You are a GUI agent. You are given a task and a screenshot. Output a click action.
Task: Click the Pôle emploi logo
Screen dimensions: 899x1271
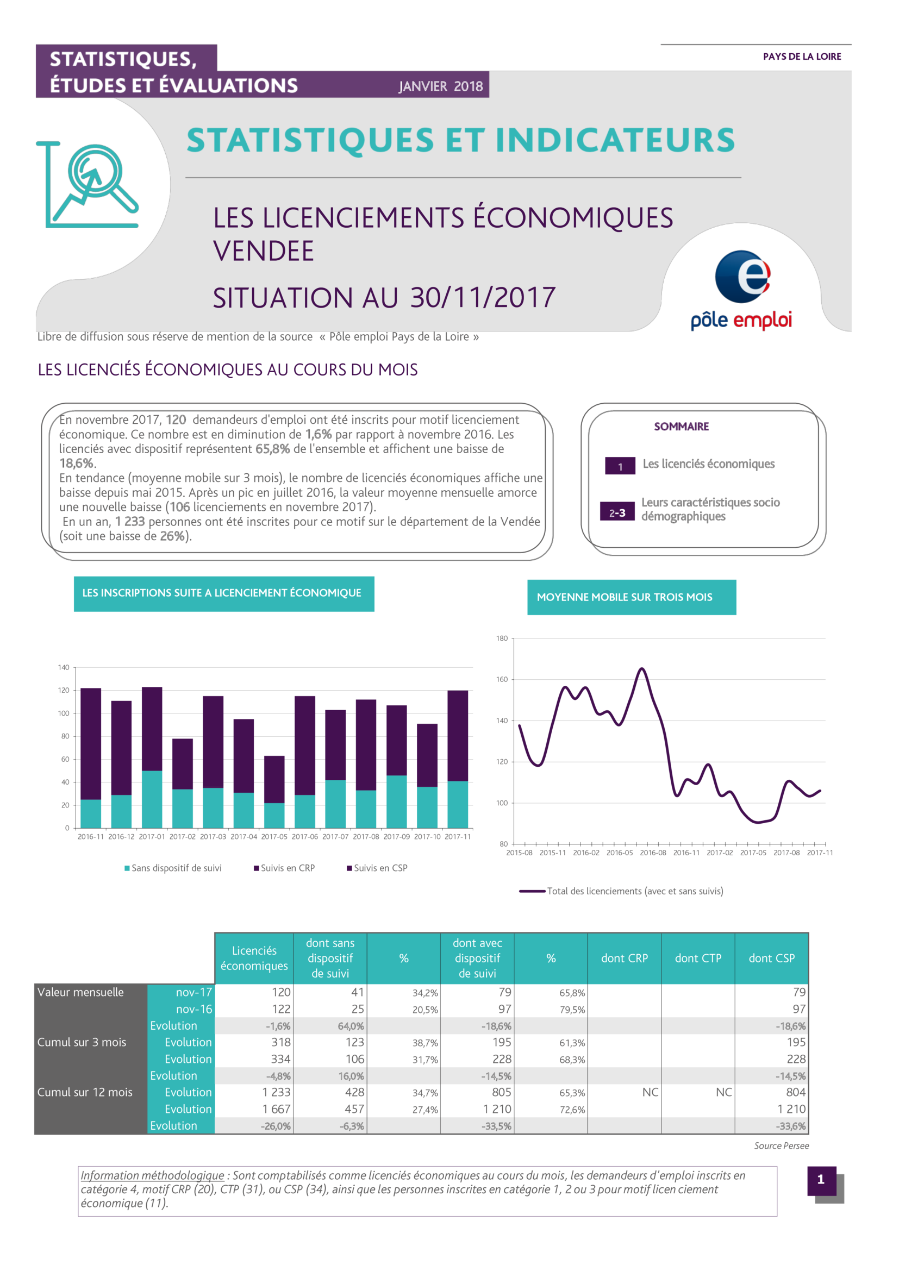click(741, 290)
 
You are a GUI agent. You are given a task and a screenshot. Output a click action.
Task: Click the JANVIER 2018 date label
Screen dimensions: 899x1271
click(440, 86)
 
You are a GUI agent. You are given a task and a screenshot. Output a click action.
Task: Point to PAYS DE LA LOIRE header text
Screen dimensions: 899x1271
click(802, 57)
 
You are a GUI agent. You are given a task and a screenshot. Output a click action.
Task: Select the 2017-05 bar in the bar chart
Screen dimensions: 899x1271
click(274, 792)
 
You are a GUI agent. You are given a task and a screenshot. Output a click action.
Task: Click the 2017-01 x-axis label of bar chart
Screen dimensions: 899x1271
click(152, 836)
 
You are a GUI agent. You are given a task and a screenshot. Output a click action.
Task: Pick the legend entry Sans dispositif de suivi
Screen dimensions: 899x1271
click(173, 868)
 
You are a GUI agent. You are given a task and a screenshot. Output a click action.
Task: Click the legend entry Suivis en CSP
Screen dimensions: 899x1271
click(377, 868)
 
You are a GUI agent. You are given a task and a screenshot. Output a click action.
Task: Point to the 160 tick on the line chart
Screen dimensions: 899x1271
click(502, 679)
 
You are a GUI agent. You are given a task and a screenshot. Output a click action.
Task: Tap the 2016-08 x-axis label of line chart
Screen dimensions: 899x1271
click(653, 853)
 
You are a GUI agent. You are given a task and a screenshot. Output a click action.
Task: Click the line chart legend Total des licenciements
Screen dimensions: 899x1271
click(621, 891)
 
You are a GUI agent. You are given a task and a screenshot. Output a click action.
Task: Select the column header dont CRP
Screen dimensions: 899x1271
click(625, 958)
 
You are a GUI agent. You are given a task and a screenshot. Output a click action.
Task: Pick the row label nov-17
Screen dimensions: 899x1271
click(193, 992)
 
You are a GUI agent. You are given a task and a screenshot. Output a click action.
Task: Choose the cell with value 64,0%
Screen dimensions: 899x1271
click(351, 1026)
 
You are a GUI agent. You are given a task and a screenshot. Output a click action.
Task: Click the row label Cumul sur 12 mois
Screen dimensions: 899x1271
click(85, 1092)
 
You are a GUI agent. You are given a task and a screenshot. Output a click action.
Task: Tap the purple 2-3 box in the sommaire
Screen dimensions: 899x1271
click(617, 511)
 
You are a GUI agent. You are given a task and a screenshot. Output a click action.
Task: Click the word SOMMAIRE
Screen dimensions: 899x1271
click(682, 426)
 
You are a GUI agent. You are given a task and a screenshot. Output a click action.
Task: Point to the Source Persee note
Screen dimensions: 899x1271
click(781, 1146)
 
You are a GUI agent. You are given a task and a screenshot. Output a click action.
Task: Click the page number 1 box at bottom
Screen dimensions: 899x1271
click(821, 1180)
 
